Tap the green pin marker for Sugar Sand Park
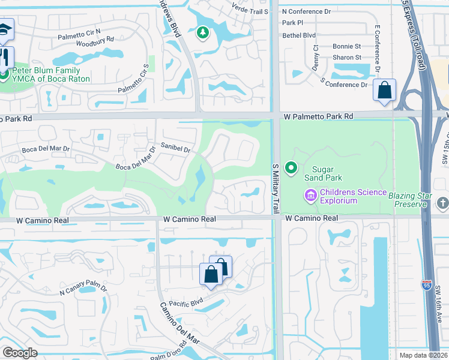coord(291,168)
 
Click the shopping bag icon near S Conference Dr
coord(384,91)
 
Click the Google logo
coord(20,353)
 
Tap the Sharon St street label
coord(346,58)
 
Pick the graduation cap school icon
coord(4,30)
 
